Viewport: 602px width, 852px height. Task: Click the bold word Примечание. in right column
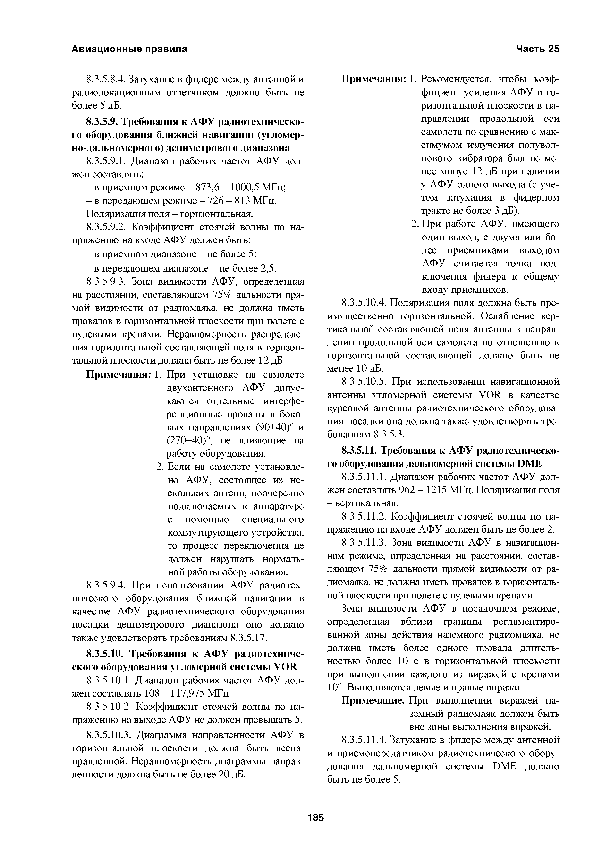(x=373, y=701)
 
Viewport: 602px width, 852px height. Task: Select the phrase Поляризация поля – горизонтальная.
(x=170, y=214)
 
